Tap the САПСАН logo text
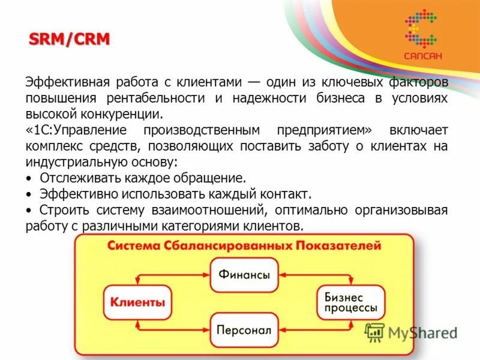[422, 56]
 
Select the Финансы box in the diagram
[244, 275]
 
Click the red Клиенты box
[137, 302]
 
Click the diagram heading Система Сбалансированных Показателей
[244, 245]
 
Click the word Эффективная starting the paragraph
[59, 82]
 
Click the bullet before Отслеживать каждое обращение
[29, 179]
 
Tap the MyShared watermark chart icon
[374, 332]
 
